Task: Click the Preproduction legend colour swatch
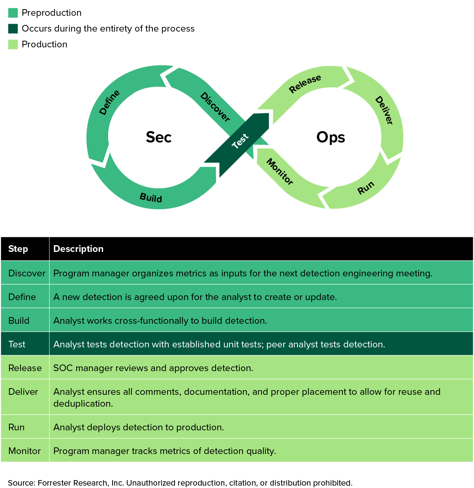(x=13, y=13)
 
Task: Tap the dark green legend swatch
(x=13, y=28)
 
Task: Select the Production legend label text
(x=44, y=44)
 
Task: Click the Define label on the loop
(x=109, y=102)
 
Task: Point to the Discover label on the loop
(x=215, y=107)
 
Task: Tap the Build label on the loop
(x=151, y=198)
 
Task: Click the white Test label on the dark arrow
(x=240, y=141)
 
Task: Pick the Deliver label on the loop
(x=384, y=111)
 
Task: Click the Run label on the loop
(x=366, y=188)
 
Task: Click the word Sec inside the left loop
(x=158, y=137)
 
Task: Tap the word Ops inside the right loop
(x=331, y=137)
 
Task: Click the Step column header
(x=18, y=249)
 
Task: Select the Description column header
(x=78, y=249)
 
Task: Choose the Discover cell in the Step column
(x=27, y=273)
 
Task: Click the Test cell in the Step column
(x=17, y=344)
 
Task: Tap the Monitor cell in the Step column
(x=24, y=451)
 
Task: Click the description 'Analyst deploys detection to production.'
(x=139, y=427)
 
